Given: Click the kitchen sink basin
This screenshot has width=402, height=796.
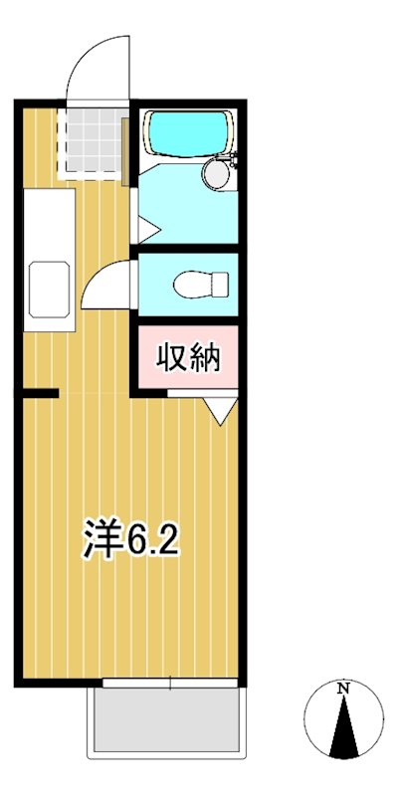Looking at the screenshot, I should (48, 290).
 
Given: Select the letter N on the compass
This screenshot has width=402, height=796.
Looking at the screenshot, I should (342, 689).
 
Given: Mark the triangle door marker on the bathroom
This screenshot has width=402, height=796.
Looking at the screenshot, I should (145, 231).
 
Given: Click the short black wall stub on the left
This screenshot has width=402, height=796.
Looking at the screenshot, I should (40, 394).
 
